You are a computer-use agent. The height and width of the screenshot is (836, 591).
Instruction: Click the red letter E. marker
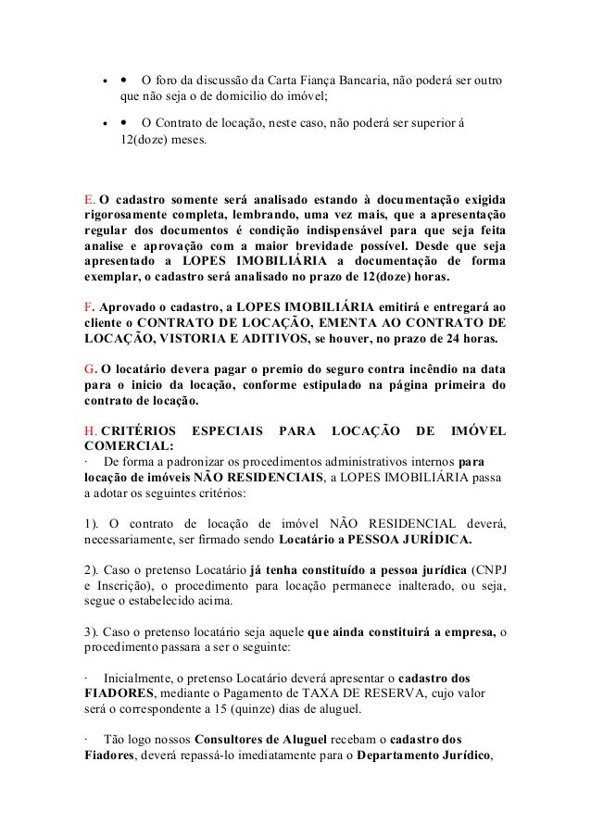(89, 201)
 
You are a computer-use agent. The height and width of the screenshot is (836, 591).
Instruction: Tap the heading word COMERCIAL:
(117, 445)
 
